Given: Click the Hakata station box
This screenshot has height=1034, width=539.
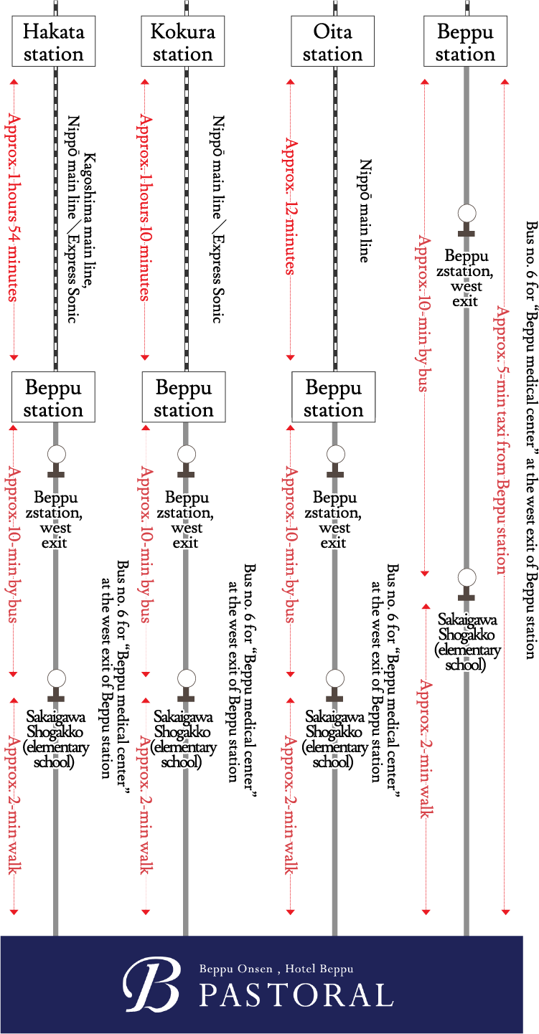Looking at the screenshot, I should tap(53, 43).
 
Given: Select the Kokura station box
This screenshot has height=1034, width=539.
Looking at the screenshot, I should tap(183, 43).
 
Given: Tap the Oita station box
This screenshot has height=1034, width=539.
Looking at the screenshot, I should tap(332, 43).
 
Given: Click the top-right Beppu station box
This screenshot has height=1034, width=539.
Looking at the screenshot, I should tap(465, 43).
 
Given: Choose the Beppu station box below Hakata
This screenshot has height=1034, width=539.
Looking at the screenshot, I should tap(53, 399).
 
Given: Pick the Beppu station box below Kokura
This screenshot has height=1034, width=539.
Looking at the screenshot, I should tap(184, 399).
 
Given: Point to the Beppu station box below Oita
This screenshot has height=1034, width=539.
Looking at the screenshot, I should tap(333, 399).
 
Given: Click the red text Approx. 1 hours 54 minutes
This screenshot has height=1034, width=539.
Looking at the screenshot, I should tap(13, 207).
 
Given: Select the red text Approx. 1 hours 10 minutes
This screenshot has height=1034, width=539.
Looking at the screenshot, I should tap(146, 207).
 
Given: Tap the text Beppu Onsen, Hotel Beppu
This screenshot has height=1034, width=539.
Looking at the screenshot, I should tap(276, 969).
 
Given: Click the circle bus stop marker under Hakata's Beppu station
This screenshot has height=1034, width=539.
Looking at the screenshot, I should tap(56, 454).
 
